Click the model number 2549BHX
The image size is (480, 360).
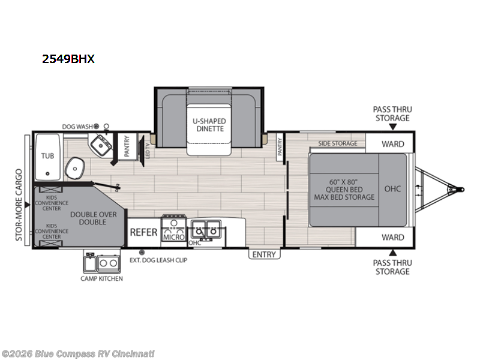(x=68, y=58)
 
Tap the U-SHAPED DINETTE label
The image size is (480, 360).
(x=209, y=125)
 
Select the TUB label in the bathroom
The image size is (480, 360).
(x=47, y=156)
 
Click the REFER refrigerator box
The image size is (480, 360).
(x=143, y=232)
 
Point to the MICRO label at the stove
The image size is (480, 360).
(x=174, y=237)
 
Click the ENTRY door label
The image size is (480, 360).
(x=264, y=254)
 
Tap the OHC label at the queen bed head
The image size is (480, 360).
(x=392, y=189)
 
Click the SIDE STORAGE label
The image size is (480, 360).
(x=338, y=143)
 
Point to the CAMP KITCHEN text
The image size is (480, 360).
(x=101, y=278)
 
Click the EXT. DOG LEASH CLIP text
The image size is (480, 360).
(x=158, y=260)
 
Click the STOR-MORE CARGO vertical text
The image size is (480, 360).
(x=19, y=205)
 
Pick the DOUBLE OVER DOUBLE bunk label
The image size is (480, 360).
(x=94, y=218)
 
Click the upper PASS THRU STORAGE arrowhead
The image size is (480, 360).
(x=393, y=127)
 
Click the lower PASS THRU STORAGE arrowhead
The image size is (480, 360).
(x=393, y=253)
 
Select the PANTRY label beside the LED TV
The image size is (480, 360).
(x=127, y=146)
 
